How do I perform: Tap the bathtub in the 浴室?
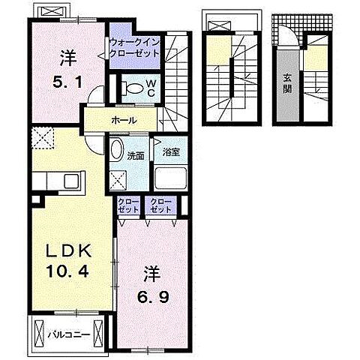point(171,178)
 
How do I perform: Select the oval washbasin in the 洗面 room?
point(117,150)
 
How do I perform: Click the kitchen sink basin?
point(72,181)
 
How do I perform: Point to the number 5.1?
point(67,82)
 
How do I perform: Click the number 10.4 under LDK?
point(67,271)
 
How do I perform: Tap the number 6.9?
point(153,297)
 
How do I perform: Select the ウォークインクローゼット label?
point(135,47)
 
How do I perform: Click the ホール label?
point(124,121)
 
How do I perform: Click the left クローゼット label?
point(128,205)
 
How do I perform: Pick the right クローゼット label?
point(161,205)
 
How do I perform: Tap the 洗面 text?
point(136,156)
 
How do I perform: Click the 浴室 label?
point(171,152)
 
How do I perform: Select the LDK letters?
point(68,251)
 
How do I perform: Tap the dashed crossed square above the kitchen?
point(43,138)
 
